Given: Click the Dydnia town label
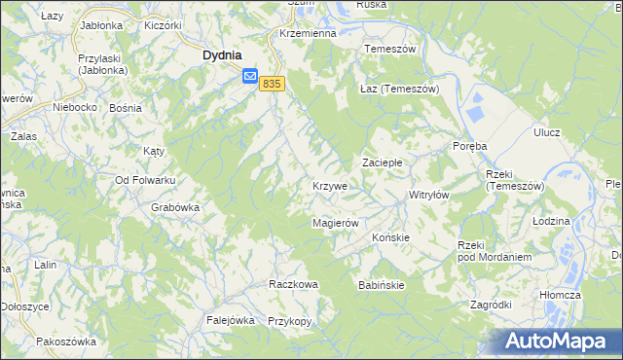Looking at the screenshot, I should coord(222,56).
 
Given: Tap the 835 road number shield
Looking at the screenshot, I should coord(272,85).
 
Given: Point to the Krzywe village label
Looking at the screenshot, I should coord(330,186).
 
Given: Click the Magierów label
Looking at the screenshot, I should coord(336,223).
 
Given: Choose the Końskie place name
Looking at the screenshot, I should coord(390,236).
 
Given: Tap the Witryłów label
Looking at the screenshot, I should coord(428,195).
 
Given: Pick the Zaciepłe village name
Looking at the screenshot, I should coord(383,162).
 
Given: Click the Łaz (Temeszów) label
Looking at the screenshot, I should coord(400,89).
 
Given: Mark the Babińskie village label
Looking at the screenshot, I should coord(381,285).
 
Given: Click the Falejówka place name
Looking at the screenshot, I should coord(230,320).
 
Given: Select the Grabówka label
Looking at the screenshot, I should coord(175,207).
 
